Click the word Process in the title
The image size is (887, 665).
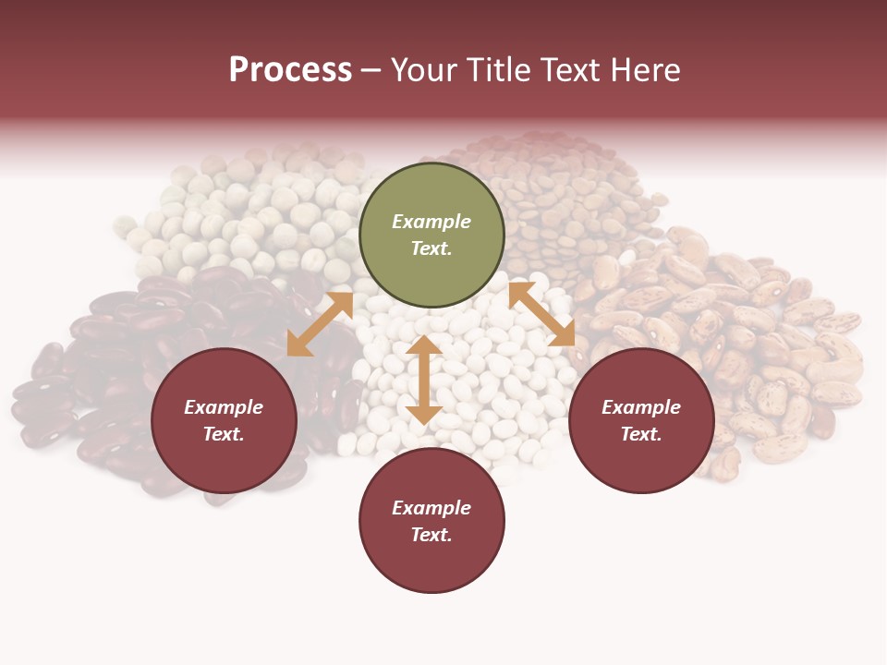[x=290, y=70]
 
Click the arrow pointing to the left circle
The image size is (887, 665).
[x=320, y=324]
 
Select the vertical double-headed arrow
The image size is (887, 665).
[x=423, y=380]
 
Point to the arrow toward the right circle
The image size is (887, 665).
[x=541, y=314]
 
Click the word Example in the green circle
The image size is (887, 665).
[x=431, y=222]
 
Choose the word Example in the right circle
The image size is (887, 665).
[x=641, y=407]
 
